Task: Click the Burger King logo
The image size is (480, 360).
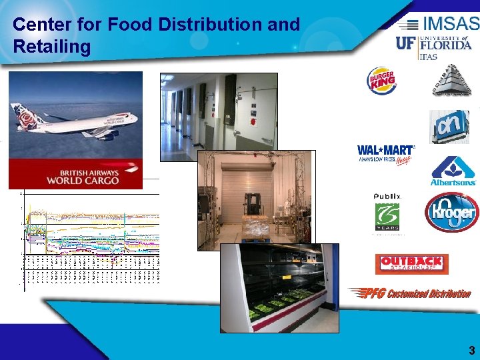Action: click(382, 81)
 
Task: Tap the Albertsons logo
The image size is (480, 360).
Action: click(453, 171)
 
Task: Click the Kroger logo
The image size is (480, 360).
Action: click(452, 213)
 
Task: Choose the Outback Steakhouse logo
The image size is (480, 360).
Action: click(411, 264)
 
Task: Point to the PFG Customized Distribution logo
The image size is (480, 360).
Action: click(409, 293)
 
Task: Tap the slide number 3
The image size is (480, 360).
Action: click(471, 350)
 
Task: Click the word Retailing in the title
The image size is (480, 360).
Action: click(51, 47)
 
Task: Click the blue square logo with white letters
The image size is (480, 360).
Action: click(449, 127)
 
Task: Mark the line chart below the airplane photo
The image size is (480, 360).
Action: click(90, 240)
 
